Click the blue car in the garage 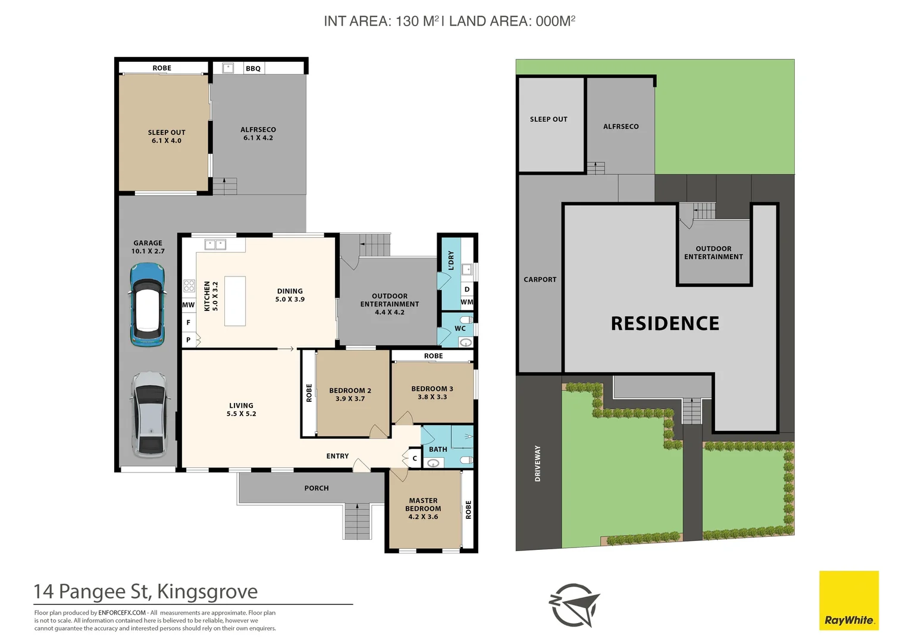(x=147, y=304)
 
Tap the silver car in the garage (x=149, y=414)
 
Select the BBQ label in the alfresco (x=253, y=68)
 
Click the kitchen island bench (x=235, y=301)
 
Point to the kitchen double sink (x=215, y=244)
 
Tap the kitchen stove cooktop (x=189, y=286)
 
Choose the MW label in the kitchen (x=189, y=305)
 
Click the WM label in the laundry (x=467, y=302)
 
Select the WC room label (x=460, y=328)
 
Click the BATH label (x=438, y=449)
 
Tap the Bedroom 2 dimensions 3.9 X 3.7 (x=350, y=399)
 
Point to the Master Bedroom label (x=423, y=505)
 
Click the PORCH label (x=316, y=488)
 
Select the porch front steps (x=358, y=521)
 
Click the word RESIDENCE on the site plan (x=665, y=323)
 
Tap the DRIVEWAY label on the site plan (x=538, y=463)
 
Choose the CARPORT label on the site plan (x=540, y=279)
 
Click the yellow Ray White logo (x=849, y=600)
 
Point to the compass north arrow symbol (x=575, y=605)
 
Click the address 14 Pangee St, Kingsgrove (x=146, y=591)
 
